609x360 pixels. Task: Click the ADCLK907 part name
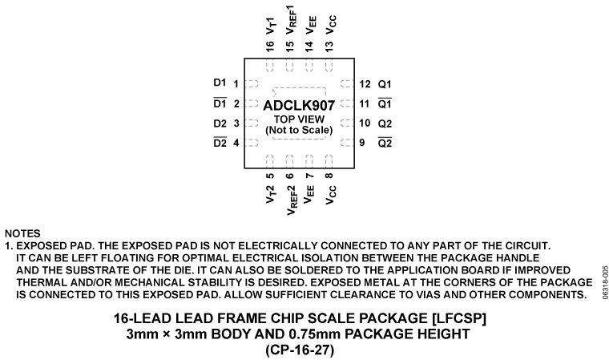[x=299, y=105]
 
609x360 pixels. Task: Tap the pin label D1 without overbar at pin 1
[x=220, y=83]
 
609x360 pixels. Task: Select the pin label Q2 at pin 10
[x=385, y=123]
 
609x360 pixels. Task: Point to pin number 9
[x=362, y=143]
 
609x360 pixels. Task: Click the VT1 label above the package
[x=271, y=23]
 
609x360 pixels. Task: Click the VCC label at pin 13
[x=329, y=24]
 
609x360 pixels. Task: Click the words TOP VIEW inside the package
[x=298, y=119]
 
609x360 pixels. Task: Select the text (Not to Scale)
[x=299, y=130]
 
